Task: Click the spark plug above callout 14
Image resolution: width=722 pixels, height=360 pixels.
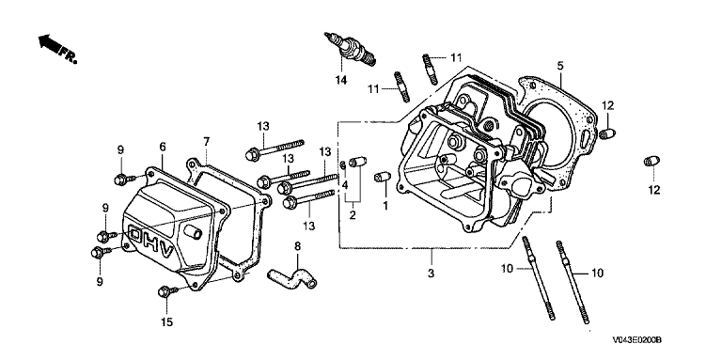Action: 350,50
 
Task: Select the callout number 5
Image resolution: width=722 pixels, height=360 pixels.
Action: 560,66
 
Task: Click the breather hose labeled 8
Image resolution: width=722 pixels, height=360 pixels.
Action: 292,277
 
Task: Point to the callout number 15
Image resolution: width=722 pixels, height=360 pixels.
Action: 167,322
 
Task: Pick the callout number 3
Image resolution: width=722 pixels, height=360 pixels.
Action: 431,273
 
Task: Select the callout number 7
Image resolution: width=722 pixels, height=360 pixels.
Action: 206,141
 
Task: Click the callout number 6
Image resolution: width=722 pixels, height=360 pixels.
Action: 163,147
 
